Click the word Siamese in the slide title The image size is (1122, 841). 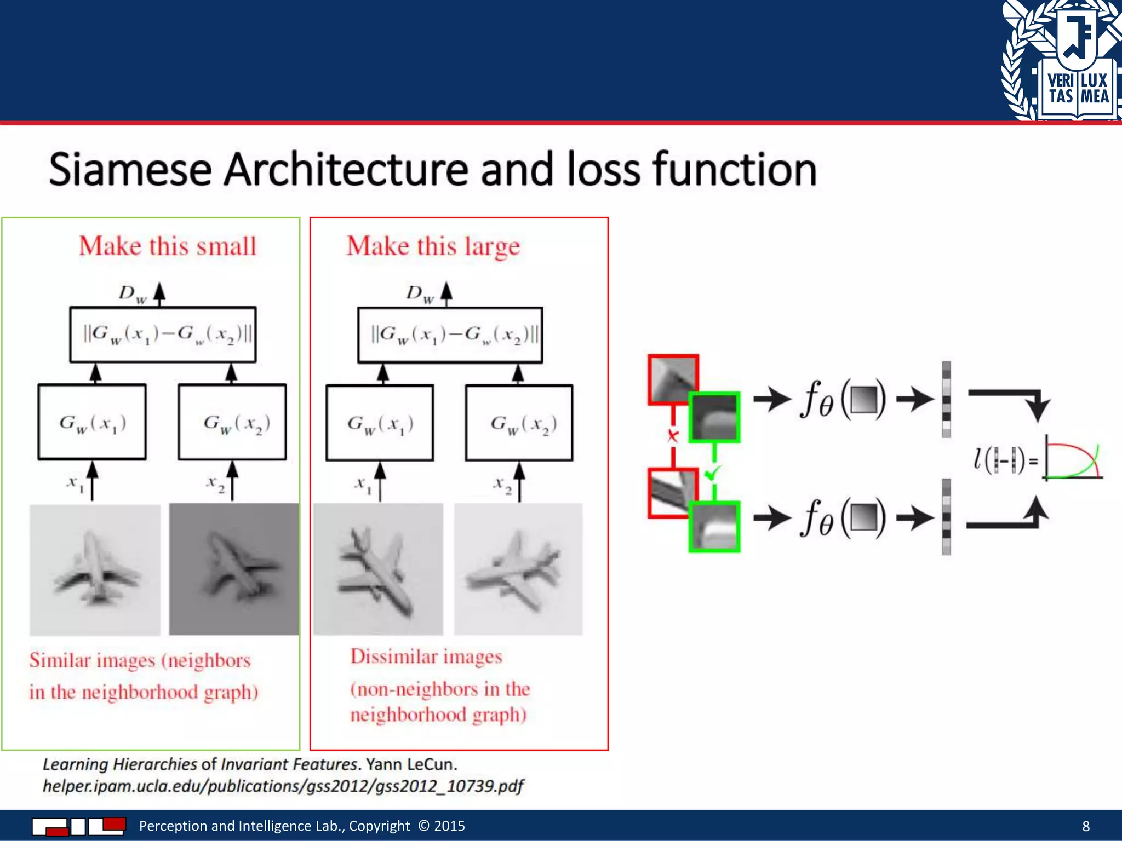click(130, 170)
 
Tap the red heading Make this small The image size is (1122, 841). click(168, 246)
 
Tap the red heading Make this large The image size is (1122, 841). click(433, 246)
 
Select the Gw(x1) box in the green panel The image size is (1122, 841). click(92, 422)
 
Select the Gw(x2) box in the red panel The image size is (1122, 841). click(519, 423)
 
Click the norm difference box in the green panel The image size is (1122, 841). click(163, 334)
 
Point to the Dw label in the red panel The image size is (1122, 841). click(420, 294)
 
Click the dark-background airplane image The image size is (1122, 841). click(234, 569)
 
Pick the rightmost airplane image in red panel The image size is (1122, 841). click(518, 569)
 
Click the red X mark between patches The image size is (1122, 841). click(673, 436)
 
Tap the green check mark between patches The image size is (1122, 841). click(713, 472)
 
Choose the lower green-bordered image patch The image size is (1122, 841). click(714, 527)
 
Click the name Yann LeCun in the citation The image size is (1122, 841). click(411, 764)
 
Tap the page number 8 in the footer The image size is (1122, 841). click(1086, 826)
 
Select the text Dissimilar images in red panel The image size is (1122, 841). click(426, 656)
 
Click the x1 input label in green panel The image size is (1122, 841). click(75, 483)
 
